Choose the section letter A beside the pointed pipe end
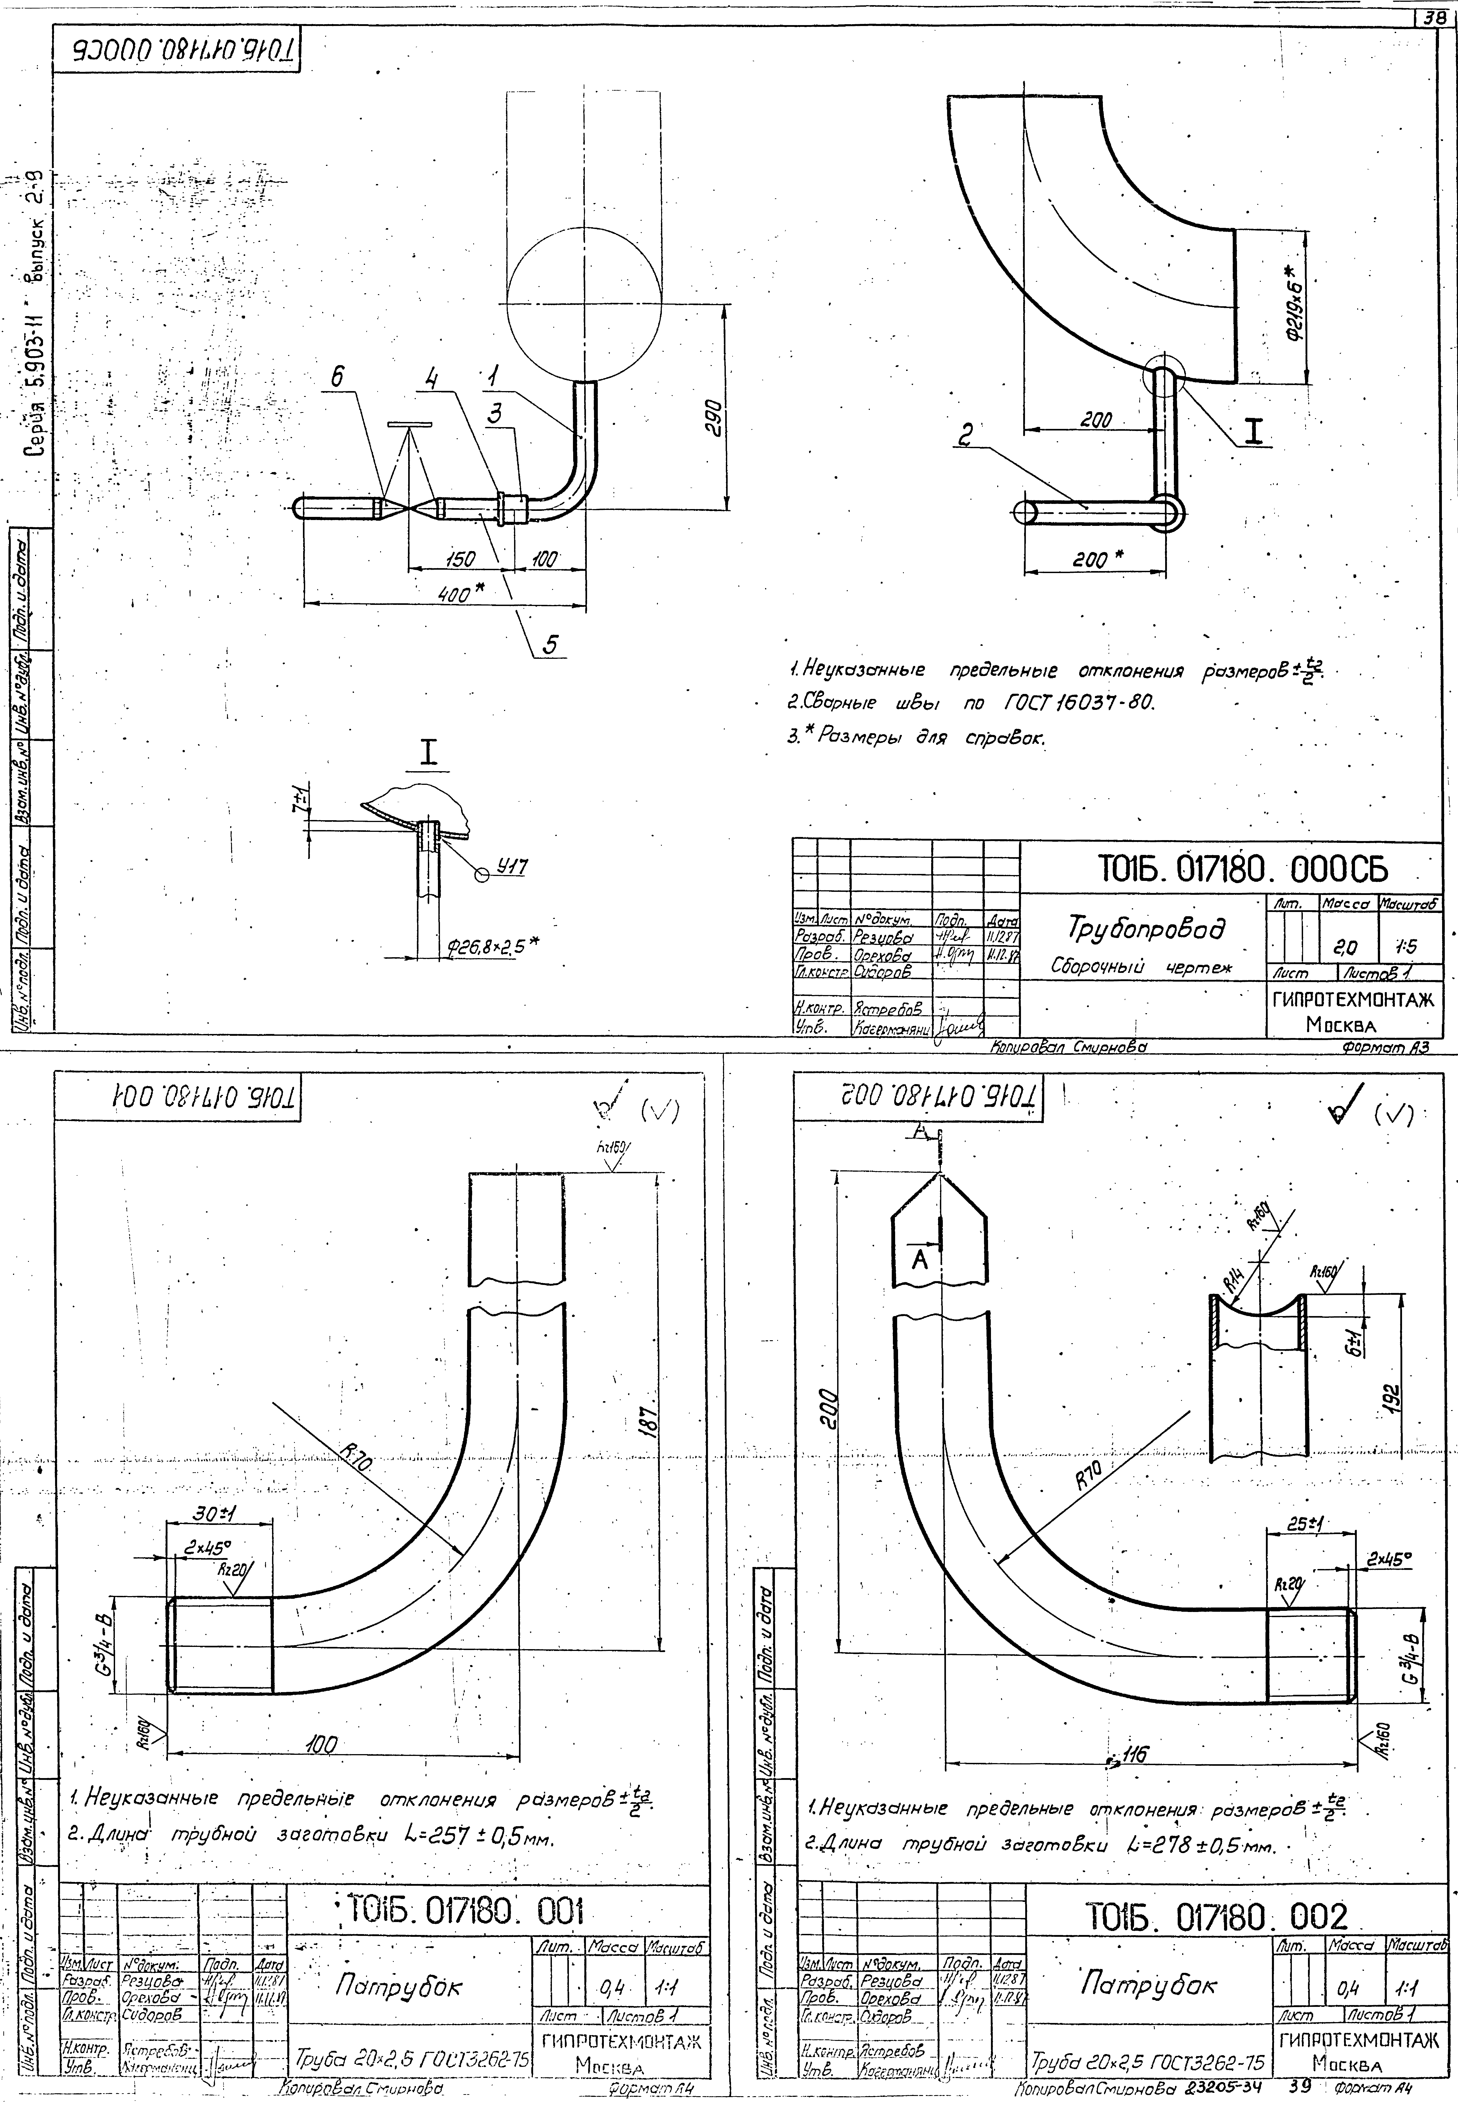[920, 1259]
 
